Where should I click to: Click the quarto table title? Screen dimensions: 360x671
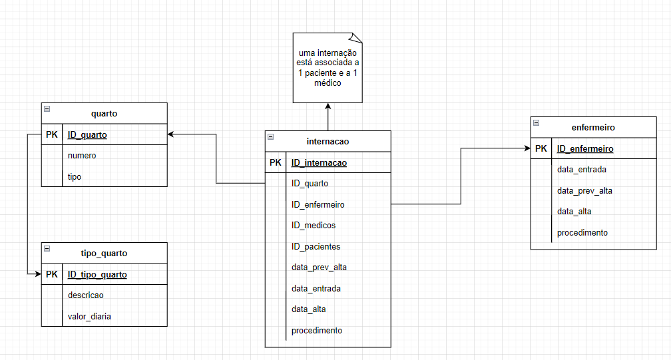104,113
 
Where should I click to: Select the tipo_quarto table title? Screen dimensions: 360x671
104,253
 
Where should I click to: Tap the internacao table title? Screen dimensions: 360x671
328,141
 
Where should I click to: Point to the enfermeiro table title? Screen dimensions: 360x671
593,127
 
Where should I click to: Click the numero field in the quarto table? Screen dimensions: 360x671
82,155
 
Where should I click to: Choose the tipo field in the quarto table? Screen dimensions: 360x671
75,176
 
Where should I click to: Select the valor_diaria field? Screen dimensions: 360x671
89,316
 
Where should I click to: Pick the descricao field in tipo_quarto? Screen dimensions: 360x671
86,295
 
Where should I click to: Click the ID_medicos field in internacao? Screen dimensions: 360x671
314,226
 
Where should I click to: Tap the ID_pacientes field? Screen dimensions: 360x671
316,246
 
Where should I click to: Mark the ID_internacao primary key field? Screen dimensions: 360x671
319,162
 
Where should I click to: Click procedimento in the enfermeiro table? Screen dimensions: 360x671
582,232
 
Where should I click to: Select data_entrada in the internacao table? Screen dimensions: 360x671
316,288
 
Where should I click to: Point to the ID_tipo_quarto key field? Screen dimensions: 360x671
97,274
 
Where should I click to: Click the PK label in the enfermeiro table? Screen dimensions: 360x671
541,148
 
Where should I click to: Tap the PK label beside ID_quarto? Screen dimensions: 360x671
52,134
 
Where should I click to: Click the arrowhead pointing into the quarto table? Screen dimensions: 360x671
171,134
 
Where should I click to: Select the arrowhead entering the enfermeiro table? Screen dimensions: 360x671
527,148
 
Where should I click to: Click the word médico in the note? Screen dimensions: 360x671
328,83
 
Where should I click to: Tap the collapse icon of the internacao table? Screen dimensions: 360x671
271,136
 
